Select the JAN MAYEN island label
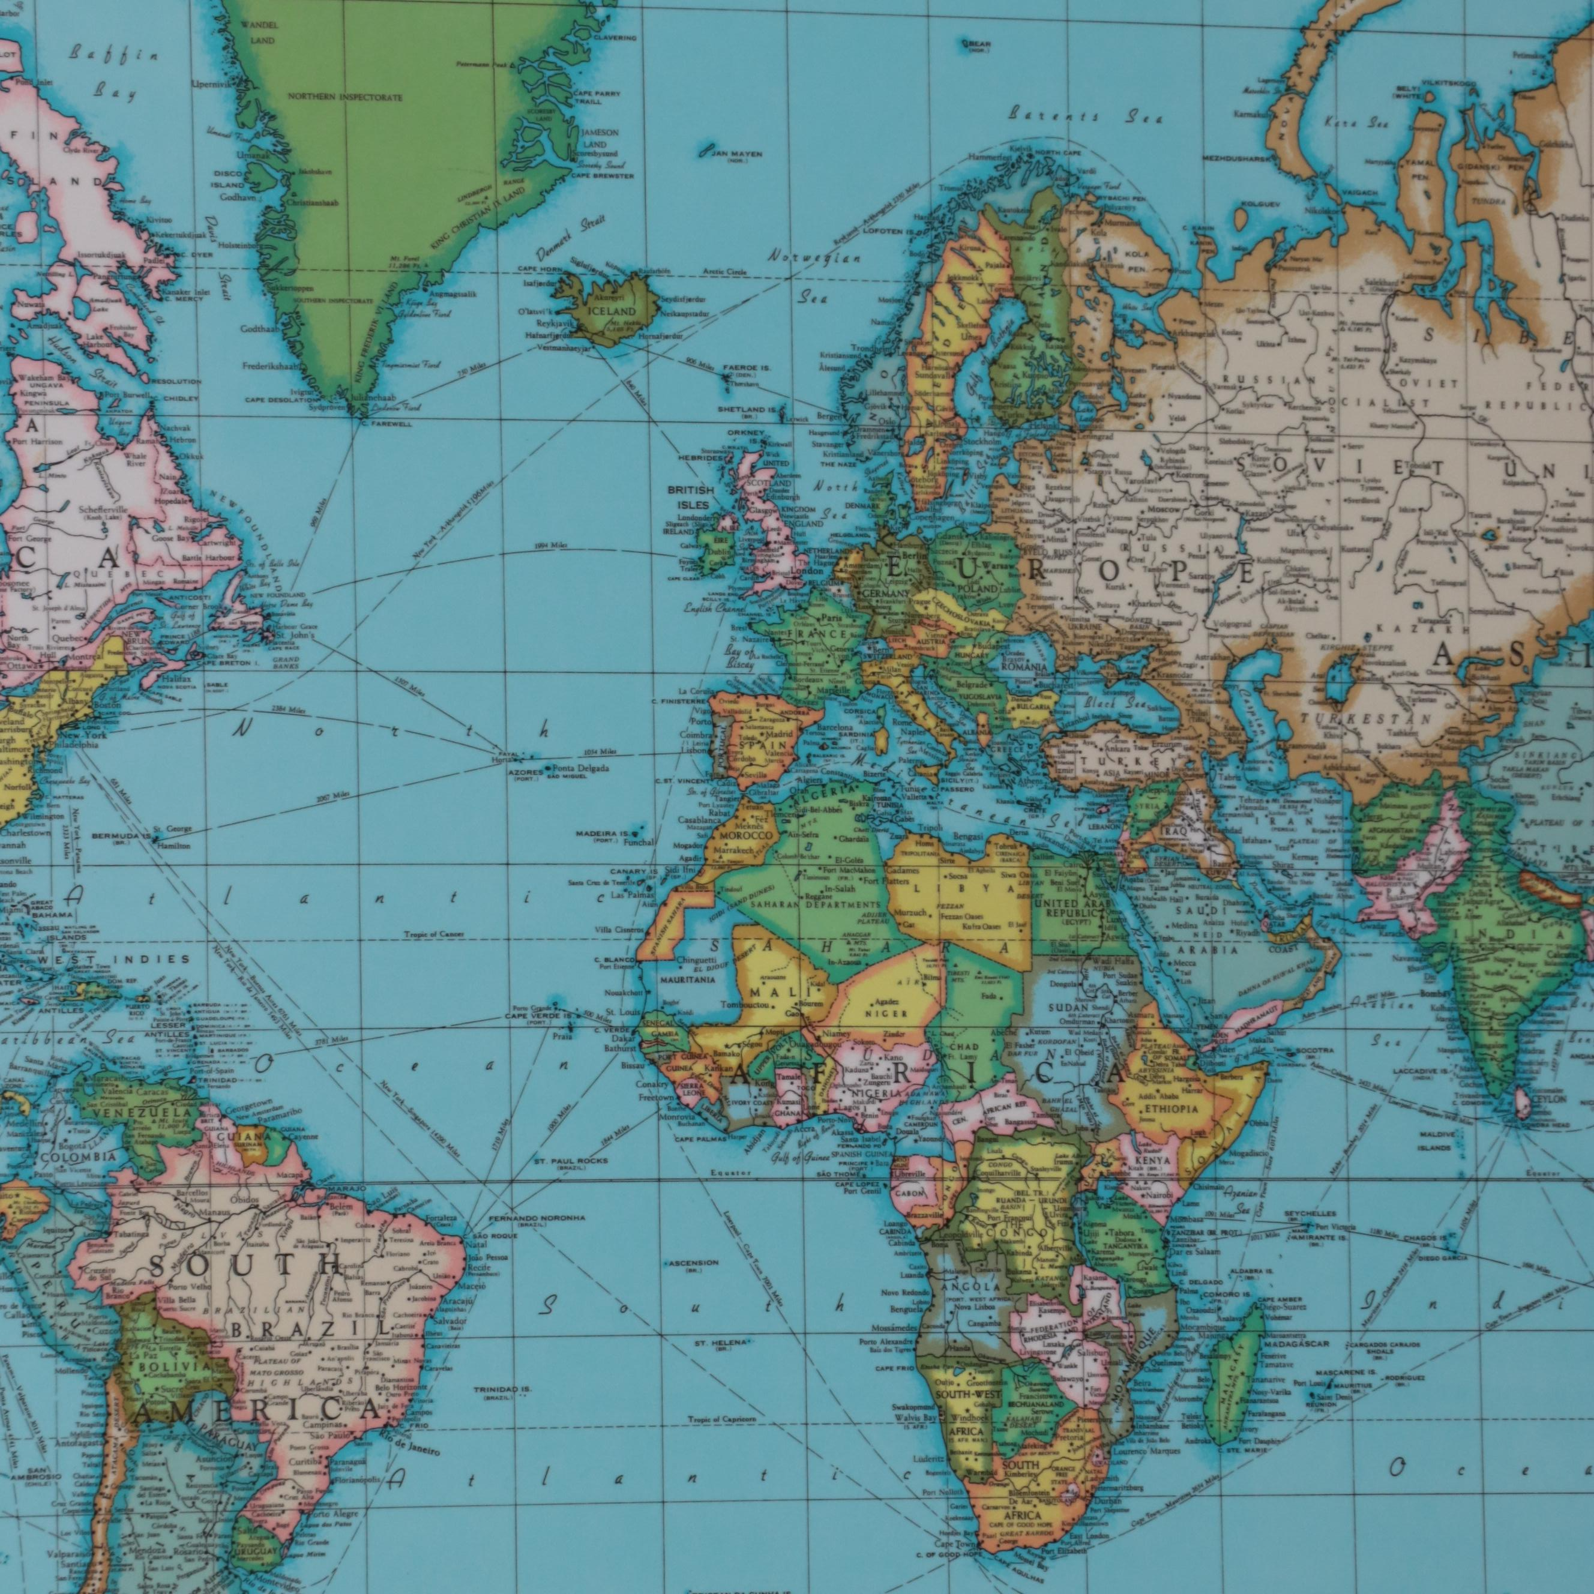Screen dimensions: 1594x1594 pyautogui.click(x=733, y=154)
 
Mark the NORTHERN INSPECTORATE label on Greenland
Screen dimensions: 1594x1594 pyautogui.click(x=345, y=97)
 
